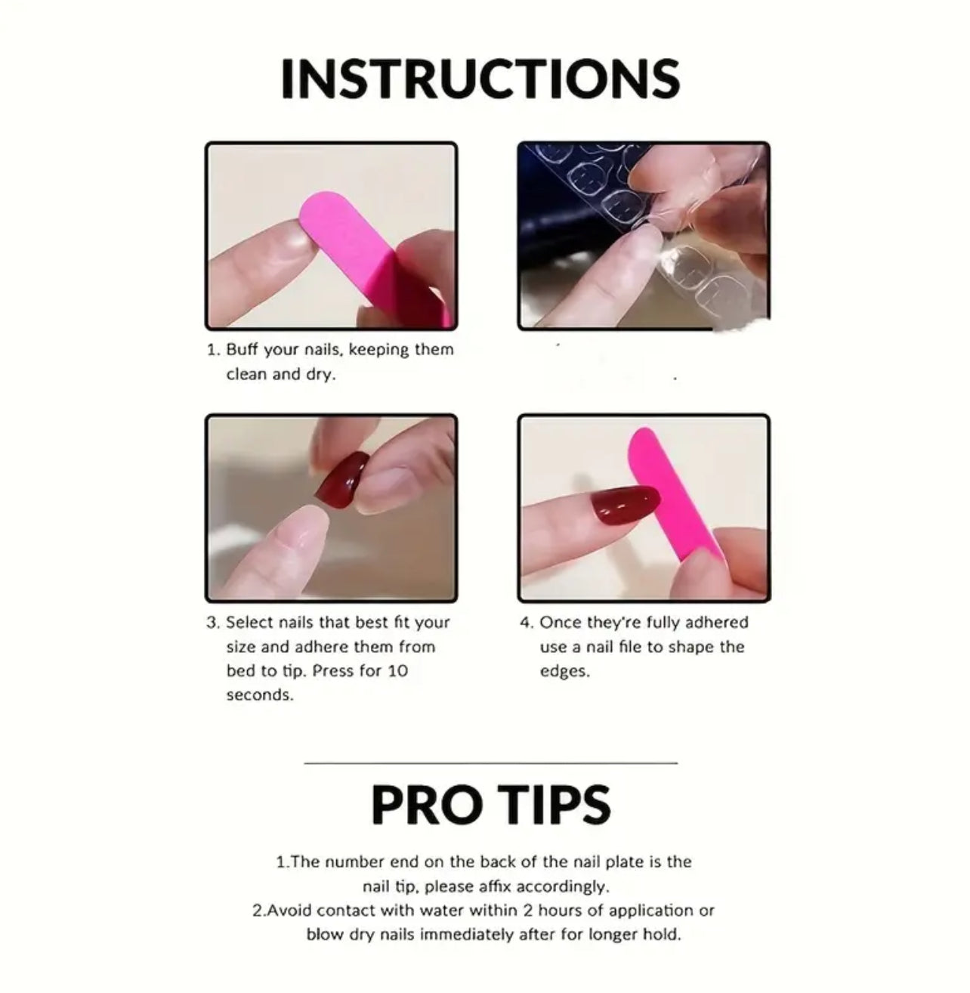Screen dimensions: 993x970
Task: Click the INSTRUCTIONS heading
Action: click(x=480, y=78)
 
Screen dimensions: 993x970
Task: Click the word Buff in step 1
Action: click(x=242, y=350)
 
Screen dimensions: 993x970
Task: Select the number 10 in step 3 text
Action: click(x=397, y=670)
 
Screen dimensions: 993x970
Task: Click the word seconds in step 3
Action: click(x=260, y=694)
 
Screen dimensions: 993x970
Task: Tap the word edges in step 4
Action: click(x=564, y=671)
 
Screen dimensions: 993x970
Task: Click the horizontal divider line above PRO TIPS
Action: click(x=490, y=763)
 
